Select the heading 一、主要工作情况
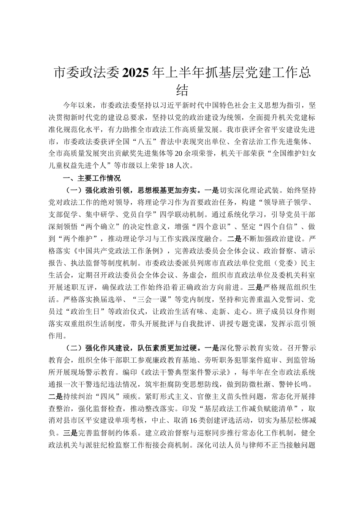coord(92,178)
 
